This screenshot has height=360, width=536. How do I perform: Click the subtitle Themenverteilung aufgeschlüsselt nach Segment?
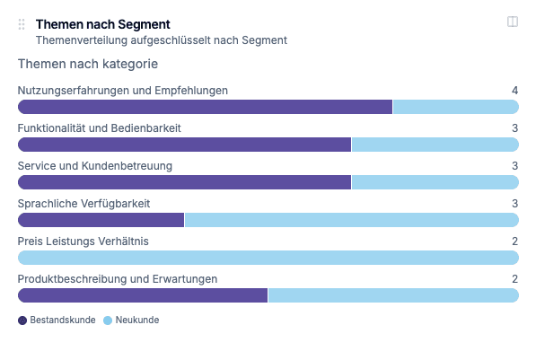(161, 40)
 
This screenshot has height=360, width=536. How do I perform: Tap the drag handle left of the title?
(22, 25)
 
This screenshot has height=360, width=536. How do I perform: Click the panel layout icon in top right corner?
(513, 22)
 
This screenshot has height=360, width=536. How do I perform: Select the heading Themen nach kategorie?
(88, 65)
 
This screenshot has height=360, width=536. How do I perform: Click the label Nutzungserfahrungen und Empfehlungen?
(123, 91)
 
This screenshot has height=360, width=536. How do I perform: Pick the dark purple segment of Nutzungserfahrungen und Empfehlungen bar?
(205, 107)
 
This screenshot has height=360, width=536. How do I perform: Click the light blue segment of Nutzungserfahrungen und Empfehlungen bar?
(455, 107)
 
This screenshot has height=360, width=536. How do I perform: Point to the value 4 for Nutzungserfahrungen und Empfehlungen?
(514, 91)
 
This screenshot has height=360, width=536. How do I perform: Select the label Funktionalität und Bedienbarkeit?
(100, 128)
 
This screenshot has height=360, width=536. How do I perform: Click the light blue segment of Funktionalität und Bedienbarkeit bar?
(435, 145)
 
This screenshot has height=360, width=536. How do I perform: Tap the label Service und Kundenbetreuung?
(95, 166)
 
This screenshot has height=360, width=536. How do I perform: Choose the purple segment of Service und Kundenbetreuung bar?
(184, 182)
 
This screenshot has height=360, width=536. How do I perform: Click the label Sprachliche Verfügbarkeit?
(83, 204)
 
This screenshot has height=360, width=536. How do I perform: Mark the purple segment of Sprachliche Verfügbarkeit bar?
(101, 220)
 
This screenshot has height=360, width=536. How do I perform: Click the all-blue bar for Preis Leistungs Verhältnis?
(268, 258)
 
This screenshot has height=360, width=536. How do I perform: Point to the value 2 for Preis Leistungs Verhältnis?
(514, 241)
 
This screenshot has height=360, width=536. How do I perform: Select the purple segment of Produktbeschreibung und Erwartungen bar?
(143, 295)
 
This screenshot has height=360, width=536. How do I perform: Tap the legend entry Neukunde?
(131, 320)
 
